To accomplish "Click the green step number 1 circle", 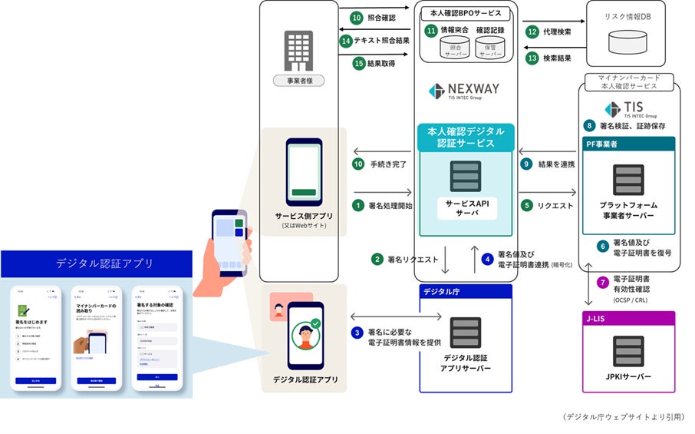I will click(357, 205).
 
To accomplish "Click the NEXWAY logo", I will click(463, 91).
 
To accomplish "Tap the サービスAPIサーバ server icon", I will click(465, 177).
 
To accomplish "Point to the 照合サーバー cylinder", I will click(454, 48).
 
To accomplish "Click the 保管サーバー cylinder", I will click(490, 48).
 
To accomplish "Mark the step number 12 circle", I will click(532, 31).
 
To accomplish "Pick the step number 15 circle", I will click(357, 64).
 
